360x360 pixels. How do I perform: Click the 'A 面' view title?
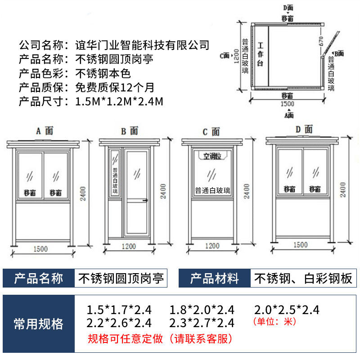tap(44, 130)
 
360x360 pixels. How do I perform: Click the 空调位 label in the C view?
tap(212, 156)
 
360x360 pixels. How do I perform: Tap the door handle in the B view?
tap(145, 201)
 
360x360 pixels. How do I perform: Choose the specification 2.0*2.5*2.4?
tap(287, 310)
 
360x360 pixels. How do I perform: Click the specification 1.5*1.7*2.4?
tap(119, 310)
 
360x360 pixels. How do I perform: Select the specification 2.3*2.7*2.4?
tap(202, 323)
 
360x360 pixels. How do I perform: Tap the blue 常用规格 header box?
tap(39, 323)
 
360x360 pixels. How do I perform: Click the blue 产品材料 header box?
tap(214, 279)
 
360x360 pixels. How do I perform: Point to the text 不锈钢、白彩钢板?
tap(303, 279)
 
